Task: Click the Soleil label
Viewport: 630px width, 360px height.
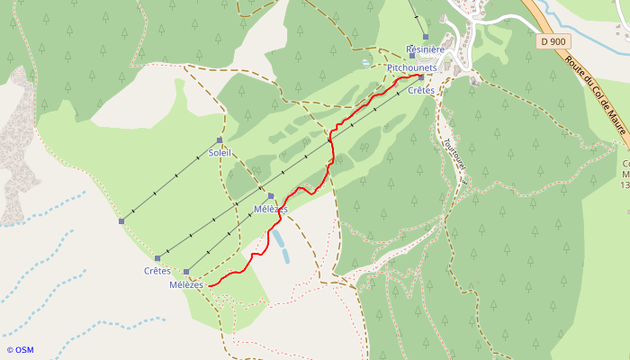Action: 220,153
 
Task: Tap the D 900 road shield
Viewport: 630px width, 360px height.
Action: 555,41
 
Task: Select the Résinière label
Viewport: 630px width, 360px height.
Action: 426,49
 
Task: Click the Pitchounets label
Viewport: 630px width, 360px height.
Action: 412,67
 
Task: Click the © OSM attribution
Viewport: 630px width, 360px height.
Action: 20,349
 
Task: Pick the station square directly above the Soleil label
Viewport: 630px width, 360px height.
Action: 220,140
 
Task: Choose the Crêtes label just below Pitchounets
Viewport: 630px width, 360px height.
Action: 421,90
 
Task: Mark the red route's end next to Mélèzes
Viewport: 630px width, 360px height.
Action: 210,285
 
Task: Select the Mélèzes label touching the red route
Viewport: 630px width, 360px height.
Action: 271,209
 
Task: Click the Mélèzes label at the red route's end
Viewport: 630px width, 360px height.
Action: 187,285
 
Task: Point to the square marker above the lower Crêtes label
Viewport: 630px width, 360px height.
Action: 157,257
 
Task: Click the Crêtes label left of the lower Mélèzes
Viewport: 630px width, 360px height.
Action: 157,271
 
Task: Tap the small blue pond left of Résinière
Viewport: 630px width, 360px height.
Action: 364,63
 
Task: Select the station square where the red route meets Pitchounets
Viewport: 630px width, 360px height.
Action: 420,77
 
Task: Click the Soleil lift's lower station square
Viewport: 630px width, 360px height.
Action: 121,220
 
